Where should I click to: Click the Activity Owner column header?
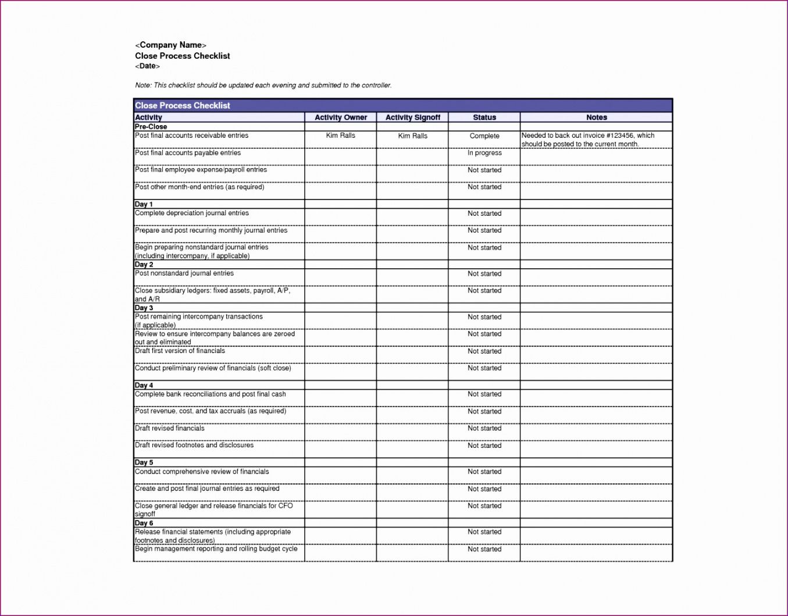pyautogui.click(x=341, y=117)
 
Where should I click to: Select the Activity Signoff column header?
pyautogui.click(x=413, y=117)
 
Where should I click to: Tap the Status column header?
pyautogui.click(x=484, y=117)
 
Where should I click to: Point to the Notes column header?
pyautogui.click(x=597, y=117)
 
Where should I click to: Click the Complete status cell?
pyautogui.click(x=484, y=136)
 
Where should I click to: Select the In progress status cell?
pyautogui.click(x=484, y=153)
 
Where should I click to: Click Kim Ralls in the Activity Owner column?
pyautogui.click(x=341, y=136)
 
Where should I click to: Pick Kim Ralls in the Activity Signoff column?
pyautogui.click(x=413, y=136)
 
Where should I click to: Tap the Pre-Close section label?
pyautogui.click(x=151, y=127)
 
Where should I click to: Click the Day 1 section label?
pyautogui.click(x=144, y=204)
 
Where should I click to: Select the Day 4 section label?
pyautogui.click(x=144, y=385)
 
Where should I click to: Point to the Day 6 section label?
pyautogui.click(x=144, y=523)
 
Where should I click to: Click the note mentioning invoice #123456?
pyautogui.click(x=587, y=140)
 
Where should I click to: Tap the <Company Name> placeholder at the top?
pyautogui.click(x=171, y=45)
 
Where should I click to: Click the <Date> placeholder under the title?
pyautogui.click(x=148, y=66)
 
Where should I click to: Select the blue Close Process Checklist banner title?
pyautogui.click(x=183, y=105)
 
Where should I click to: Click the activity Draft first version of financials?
pyautogui.click(x=180, y=351)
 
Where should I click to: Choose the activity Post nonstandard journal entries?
pyautogui.click(x=184, y=273)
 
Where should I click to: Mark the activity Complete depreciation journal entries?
pyautogui.click(x=192, y=213)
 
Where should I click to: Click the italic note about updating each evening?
pyautogui.click(x=263, y=86)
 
